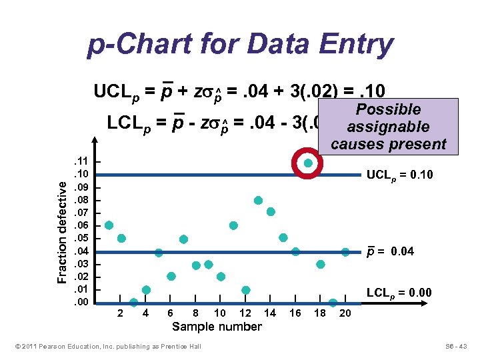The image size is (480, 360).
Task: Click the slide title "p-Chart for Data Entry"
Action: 240,45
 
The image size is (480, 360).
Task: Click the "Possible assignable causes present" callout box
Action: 388,127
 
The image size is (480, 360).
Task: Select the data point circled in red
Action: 308,163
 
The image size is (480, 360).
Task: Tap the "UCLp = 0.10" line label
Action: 399,175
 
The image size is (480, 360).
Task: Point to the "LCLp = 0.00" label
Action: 399,292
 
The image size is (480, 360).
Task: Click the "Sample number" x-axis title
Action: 217,326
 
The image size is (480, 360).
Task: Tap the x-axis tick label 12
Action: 245,313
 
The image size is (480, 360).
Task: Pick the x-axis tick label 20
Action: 345,313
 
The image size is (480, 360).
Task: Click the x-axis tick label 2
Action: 120,313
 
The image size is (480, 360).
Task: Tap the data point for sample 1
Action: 109,225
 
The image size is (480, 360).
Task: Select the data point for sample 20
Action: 345,251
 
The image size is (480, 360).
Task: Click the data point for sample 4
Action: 146,289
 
